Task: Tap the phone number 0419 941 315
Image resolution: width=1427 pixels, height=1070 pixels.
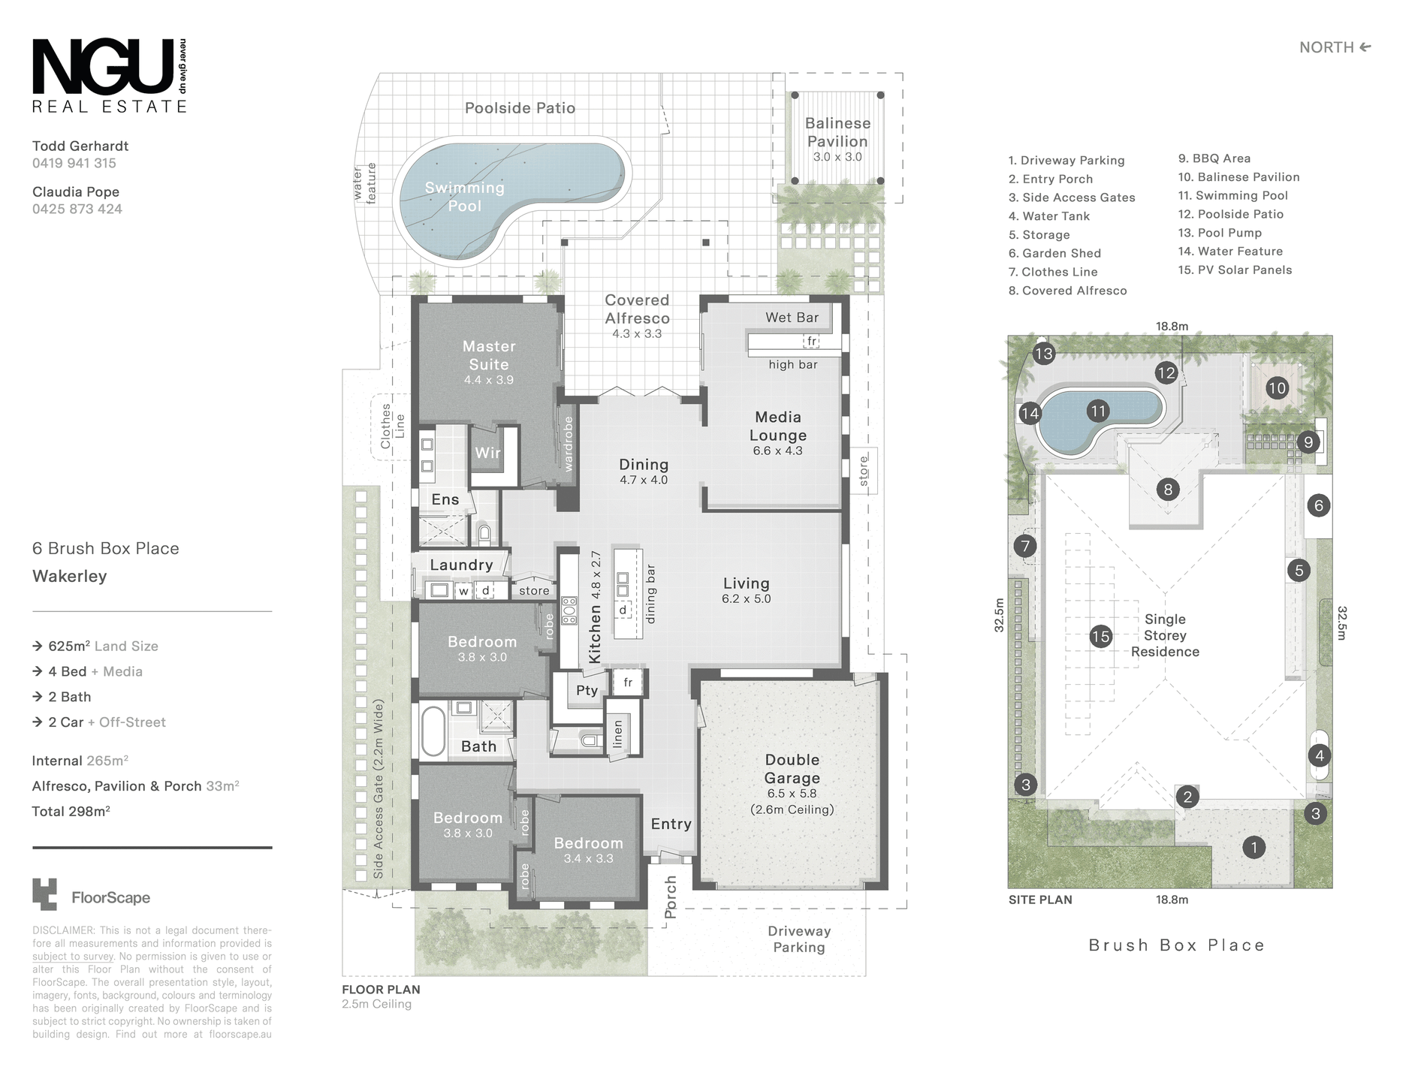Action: (x=74, y=163)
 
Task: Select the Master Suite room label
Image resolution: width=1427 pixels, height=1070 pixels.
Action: (x=489, y=355)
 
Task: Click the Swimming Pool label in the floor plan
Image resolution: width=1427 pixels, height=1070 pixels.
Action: (x=464, y=197)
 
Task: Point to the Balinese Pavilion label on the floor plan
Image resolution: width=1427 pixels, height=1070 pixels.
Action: (x=837, y=132)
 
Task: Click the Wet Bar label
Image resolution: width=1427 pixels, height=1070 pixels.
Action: (x=792, y=318)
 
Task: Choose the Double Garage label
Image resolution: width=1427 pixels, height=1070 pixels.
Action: (x=792, y=769)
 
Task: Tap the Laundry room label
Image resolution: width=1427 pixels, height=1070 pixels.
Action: (x=461, y=565)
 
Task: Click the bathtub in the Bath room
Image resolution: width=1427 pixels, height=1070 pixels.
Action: (x=433, y=729)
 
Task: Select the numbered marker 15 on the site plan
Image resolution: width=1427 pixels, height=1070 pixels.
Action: (x=1100, y=637)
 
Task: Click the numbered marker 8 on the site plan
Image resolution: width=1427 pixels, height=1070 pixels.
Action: (x=1168, y=490)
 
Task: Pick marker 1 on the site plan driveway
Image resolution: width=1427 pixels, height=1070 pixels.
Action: (x=1254, y=848)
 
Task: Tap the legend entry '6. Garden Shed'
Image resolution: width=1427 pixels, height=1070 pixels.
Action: (x=1054, y=254)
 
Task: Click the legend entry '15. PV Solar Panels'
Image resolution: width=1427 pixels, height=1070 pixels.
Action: (x=1235, y=270)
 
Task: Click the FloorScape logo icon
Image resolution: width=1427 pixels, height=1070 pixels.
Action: (x=44, y=894)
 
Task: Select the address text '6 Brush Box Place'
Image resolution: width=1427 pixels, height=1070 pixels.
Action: (x=106, y=549)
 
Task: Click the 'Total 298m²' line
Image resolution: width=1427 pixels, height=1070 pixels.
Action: (x=71, y=811)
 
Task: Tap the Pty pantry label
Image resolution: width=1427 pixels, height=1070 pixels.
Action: (x=587, y=690)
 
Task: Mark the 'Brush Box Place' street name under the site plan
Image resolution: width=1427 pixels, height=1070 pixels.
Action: (x=1176, y=945)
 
